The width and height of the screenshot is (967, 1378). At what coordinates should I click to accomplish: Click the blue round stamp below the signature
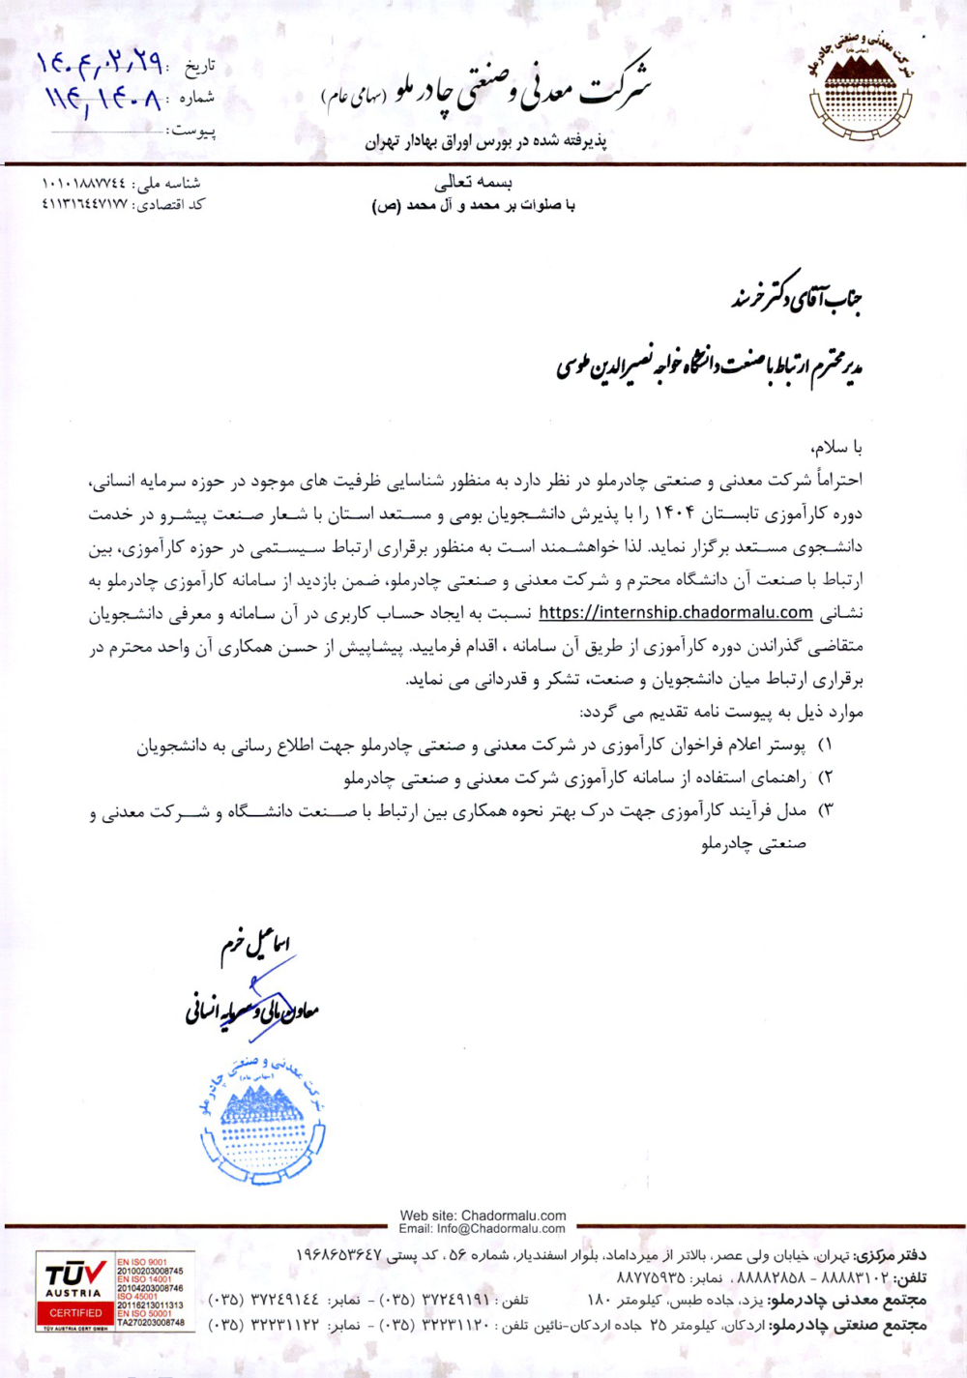[262, 1123]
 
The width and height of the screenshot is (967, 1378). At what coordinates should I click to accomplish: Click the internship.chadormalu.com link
[675, 612]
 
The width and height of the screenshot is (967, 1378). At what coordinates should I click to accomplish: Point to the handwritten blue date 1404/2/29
[99, 64]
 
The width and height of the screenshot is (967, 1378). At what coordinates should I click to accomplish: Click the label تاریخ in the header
[199, 66]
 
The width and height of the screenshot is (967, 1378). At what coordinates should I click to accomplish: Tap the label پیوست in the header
[193, 131]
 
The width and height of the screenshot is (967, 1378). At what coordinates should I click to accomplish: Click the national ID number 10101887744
[84, 183]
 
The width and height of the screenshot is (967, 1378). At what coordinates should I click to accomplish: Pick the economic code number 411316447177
[84, 204]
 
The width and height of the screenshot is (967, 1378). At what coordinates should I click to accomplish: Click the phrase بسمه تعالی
[473, 182]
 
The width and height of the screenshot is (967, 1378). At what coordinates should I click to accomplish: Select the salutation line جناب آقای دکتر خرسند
[796, 297]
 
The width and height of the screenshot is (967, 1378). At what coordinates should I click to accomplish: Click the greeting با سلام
[836, 447]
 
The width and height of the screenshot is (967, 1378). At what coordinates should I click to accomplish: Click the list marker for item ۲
[825, 778]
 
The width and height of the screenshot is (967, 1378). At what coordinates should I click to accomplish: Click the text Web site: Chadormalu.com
[483, 1216]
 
